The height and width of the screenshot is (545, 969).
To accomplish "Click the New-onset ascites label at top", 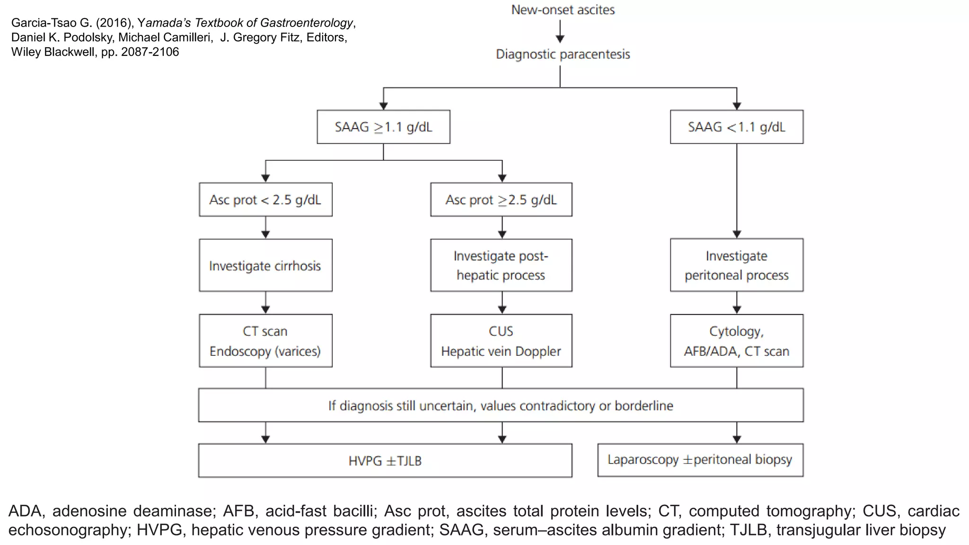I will (563, 10).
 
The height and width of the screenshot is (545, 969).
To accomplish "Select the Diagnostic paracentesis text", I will (563, 54).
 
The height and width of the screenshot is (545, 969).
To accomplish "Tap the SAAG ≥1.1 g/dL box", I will (383, 127).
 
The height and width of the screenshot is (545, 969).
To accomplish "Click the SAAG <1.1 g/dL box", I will (736, 127).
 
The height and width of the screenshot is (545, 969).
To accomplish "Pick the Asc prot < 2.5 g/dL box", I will (265, 200).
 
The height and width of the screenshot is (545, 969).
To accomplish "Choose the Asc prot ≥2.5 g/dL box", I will (501, 200).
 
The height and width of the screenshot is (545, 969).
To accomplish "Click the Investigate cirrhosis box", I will (265, 265).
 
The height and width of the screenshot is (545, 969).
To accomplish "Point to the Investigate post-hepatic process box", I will (501, 265).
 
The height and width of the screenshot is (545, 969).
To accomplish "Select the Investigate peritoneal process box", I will (736, 265).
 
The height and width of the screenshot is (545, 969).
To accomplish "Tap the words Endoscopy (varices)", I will (265, 352).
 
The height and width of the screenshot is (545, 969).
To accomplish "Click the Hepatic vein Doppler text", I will (501, 352).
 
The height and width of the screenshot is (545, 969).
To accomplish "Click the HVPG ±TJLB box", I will (385, 461).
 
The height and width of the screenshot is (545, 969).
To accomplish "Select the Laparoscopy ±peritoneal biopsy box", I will (700, 460).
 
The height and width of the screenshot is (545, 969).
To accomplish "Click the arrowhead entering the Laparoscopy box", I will (737, 439).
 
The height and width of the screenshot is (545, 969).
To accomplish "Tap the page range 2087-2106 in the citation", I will (150, 52).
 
